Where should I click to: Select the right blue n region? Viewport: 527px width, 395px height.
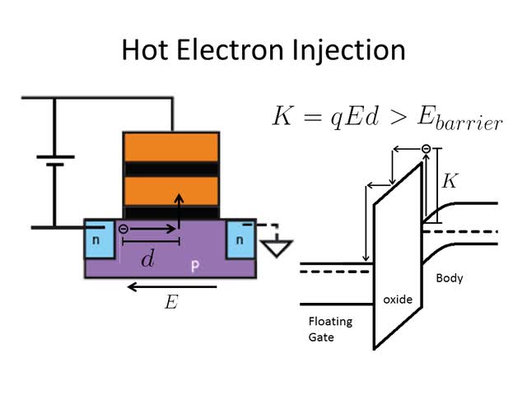(x=239, y=239)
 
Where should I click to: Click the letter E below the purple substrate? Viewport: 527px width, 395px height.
(x=170, y=303)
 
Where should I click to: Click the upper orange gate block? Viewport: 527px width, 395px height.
(x=171, y=146)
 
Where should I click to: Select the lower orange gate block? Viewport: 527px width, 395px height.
(x=171, y=191)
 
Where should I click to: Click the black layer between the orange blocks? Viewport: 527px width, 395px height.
(x=171, y=169)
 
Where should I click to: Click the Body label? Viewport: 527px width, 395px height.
(x=450, y=278)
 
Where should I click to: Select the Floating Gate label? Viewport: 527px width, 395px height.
(x=322, y=328)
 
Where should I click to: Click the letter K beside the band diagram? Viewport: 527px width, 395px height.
(x=450, y=180)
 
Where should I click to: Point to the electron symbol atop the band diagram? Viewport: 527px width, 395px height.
(x=426, y=149)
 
